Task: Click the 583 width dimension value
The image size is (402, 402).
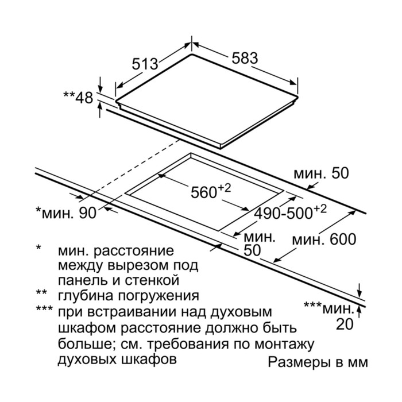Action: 245,58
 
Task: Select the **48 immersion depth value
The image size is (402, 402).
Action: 78,98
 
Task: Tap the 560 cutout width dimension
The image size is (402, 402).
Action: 207,192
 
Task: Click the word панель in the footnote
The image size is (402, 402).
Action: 80,281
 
